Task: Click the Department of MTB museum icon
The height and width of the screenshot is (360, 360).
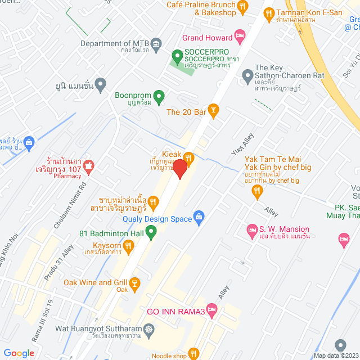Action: [x=156, y=43]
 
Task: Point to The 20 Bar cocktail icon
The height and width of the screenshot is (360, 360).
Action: [x=213, y=111]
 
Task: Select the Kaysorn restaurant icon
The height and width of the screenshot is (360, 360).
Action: [x=128, y=245]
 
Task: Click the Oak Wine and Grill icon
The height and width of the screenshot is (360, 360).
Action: [x=134, y=282]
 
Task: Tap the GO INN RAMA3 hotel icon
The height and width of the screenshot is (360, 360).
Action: [x=211, y=309]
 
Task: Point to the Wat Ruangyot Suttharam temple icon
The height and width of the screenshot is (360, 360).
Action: [x=148, y=328]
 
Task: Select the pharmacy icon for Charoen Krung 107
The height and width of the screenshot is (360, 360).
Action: [x=88, y=166]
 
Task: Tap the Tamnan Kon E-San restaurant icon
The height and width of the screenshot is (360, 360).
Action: [x=269, y=12]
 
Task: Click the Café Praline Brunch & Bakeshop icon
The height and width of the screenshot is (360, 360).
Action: [x=243, y=7]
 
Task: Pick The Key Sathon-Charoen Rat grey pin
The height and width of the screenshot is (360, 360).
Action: [x=246, y=74]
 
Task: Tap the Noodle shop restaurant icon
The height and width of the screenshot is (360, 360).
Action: [x=194, y=353]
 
